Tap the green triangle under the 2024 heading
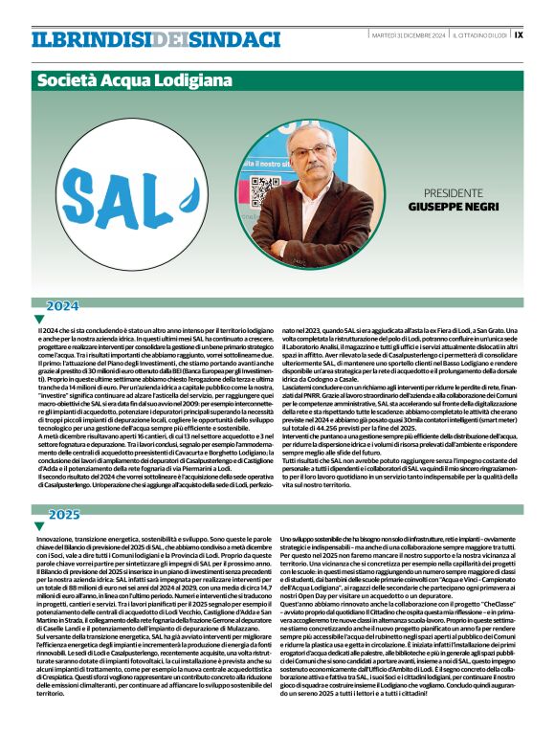[39, 319]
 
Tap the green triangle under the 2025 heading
[39, 526]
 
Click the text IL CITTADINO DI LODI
[480, 34]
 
